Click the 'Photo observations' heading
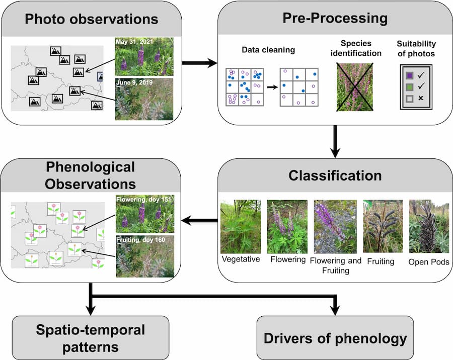(91, 19)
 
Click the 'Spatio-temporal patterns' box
(90, 338)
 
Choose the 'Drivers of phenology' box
(335, 338)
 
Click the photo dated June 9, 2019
(144, 99)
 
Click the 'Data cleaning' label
(268, 50)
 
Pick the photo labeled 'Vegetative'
(241, 227)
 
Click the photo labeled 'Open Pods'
(429, 227)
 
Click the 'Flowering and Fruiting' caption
(335, 265)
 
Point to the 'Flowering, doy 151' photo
(144, 213)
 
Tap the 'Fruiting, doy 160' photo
(144, 256)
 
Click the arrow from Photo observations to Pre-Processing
(199, 63)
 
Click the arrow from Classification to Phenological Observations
(199, 220)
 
